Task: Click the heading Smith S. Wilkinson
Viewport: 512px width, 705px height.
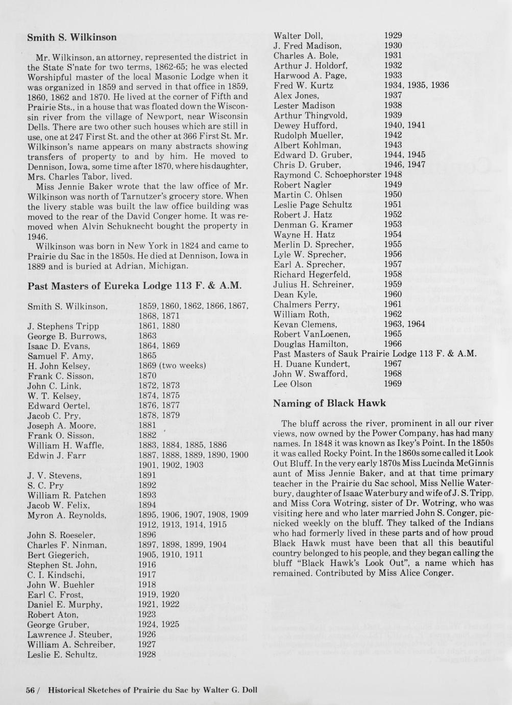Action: [71, 37]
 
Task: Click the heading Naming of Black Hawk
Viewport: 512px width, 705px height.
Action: [329, 404]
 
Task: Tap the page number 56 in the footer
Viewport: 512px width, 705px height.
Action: [30, 690]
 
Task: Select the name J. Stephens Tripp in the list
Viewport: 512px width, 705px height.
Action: [63, 326]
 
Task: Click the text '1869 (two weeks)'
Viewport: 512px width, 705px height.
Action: [172, 366]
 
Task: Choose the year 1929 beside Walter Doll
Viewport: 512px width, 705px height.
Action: [393, 36]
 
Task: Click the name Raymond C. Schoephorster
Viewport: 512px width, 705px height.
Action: [327, 175]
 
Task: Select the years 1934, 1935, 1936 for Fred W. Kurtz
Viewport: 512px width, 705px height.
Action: [416, 85]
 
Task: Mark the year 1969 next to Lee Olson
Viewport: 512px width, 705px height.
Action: [393, 384]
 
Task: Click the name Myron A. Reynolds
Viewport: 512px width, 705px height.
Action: [66, 515]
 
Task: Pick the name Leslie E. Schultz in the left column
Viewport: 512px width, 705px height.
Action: [62, 655]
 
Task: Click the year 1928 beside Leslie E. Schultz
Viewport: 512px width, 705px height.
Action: [147, 655]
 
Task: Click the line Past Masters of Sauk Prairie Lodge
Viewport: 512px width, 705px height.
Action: [375, 354]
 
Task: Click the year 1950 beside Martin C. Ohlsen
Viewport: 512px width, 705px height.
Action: [393, 195]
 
